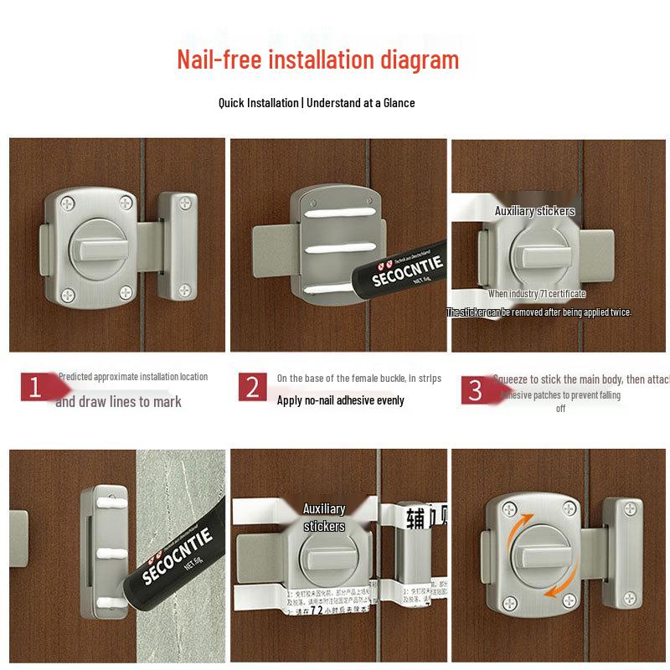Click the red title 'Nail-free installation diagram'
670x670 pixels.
pyautogui.click(x=317, y=60)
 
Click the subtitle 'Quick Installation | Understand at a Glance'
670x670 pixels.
pyautogui.click(x=317, y=103)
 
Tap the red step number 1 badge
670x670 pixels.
pyautogui.click(x=35, y=387)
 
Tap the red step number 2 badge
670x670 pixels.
pyautogui.click(x=252, y=387)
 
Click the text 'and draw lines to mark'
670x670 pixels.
pyautogui.click(x=118, y=402)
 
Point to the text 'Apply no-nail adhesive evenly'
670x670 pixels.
pyautogui.click(x=340, y=400)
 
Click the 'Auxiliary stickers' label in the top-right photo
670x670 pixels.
pyautogui.click(x=534, y=211)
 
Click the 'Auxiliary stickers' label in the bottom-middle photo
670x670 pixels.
pyautogui.click(x=324, y=518)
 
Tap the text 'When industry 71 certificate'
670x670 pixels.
pyautogui.click(x=537, y=294)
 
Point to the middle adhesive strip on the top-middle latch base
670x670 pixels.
pyautogui.click(x=338, y=249)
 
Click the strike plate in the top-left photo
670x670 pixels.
pyautogui.click(x=178, y=245)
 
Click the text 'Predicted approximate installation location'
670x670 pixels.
pyautogui.click(x=133, y=377)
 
